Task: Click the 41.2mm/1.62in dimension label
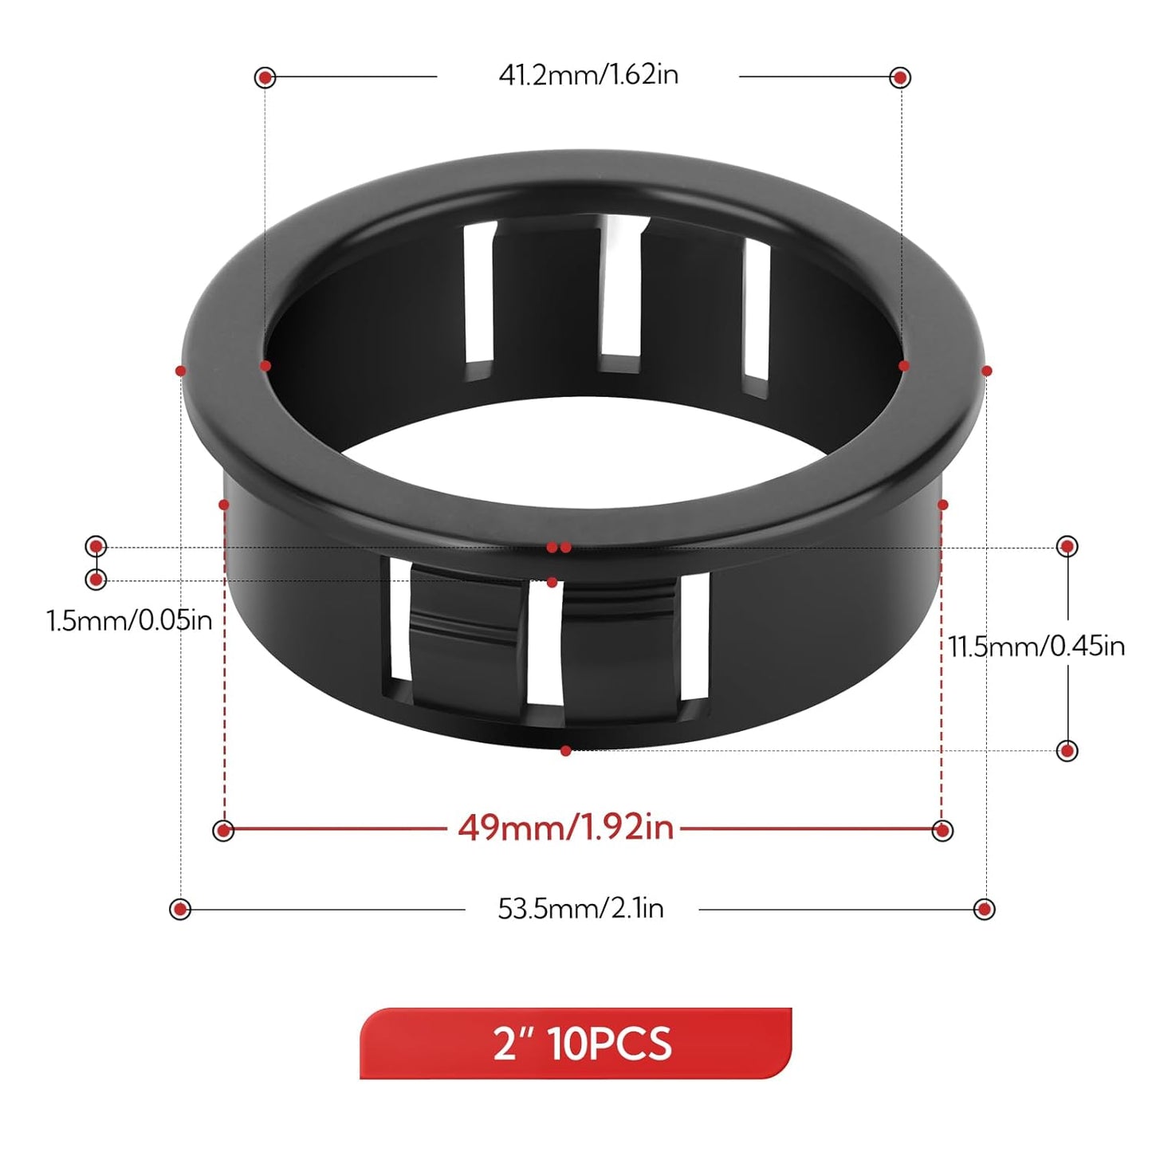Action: pos(588,75)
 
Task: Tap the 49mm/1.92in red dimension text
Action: pos(565,828)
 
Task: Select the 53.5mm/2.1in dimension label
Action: pos(580,908)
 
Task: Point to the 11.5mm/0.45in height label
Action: pos(1036,646)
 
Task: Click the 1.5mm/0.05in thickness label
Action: pos(129,620)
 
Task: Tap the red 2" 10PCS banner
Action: pos(576,1044)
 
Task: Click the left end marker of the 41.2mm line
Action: pos(265,77)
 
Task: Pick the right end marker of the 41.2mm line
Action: pos(900,77)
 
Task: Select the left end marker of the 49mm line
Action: pos(223,830)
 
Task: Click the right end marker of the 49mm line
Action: pos(942,830)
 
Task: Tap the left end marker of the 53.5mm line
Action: pos(180,909)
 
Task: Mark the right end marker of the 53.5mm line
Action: pos(985,909)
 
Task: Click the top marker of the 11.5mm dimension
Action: pos(1067,547)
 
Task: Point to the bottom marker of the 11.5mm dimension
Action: pos(1067,750)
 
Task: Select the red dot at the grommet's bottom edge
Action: pos(565,751)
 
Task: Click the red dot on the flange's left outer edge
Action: pos(181,371)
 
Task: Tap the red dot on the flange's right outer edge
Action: pos(986,371)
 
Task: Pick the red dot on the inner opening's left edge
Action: pos(265,366)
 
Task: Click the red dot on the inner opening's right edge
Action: pos(903,366)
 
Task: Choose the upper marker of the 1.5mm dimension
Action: pos(96,546)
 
